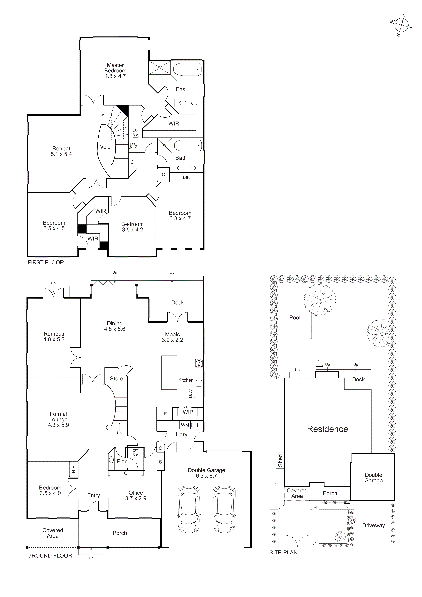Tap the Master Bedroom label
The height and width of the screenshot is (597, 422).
[115, 68]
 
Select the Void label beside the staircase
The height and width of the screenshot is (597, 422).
[105, 147]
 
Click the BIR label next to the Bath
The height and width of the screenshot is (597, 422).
[186, 177]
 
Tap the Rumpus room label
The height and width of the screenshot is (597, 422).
[54, 334]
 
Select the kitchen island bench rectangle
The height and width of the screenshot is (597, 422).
[169, 372]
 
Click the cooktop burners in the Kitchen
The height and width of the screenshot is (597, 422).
[199, 363]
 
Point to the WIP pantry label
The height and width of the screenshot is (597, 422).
[188, 412]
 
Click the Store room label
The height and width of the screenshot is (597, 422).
[117, 379]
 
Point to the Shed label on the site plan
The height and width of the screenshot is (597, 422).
[280, 460]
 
